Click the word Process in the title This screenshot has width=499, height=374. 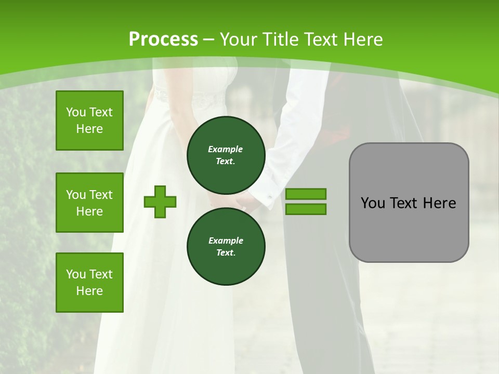(x=163, y=39)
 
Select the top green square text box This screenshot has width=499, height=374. (x=89, y=121)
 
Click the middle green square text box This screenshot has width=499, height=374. (x=89, y=203)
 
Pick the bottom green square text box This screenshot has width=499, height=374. (x=89, y=283)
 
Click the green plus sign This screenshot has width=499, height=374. (x=160, y=202)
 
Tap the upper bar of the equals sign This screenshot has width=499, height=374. (x=306, y=194)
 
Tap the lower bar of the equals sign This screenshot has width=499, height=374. (x=306, y=209)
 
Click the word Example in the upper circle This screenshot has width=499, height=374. (x=226, y=149)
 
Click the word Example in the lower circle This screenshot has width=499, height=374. (x=226, y=241)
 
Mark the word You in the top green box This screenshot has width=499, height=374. (x=76, y=112)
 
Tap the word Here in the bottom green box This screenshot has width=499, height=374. (x=89, y=291)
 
